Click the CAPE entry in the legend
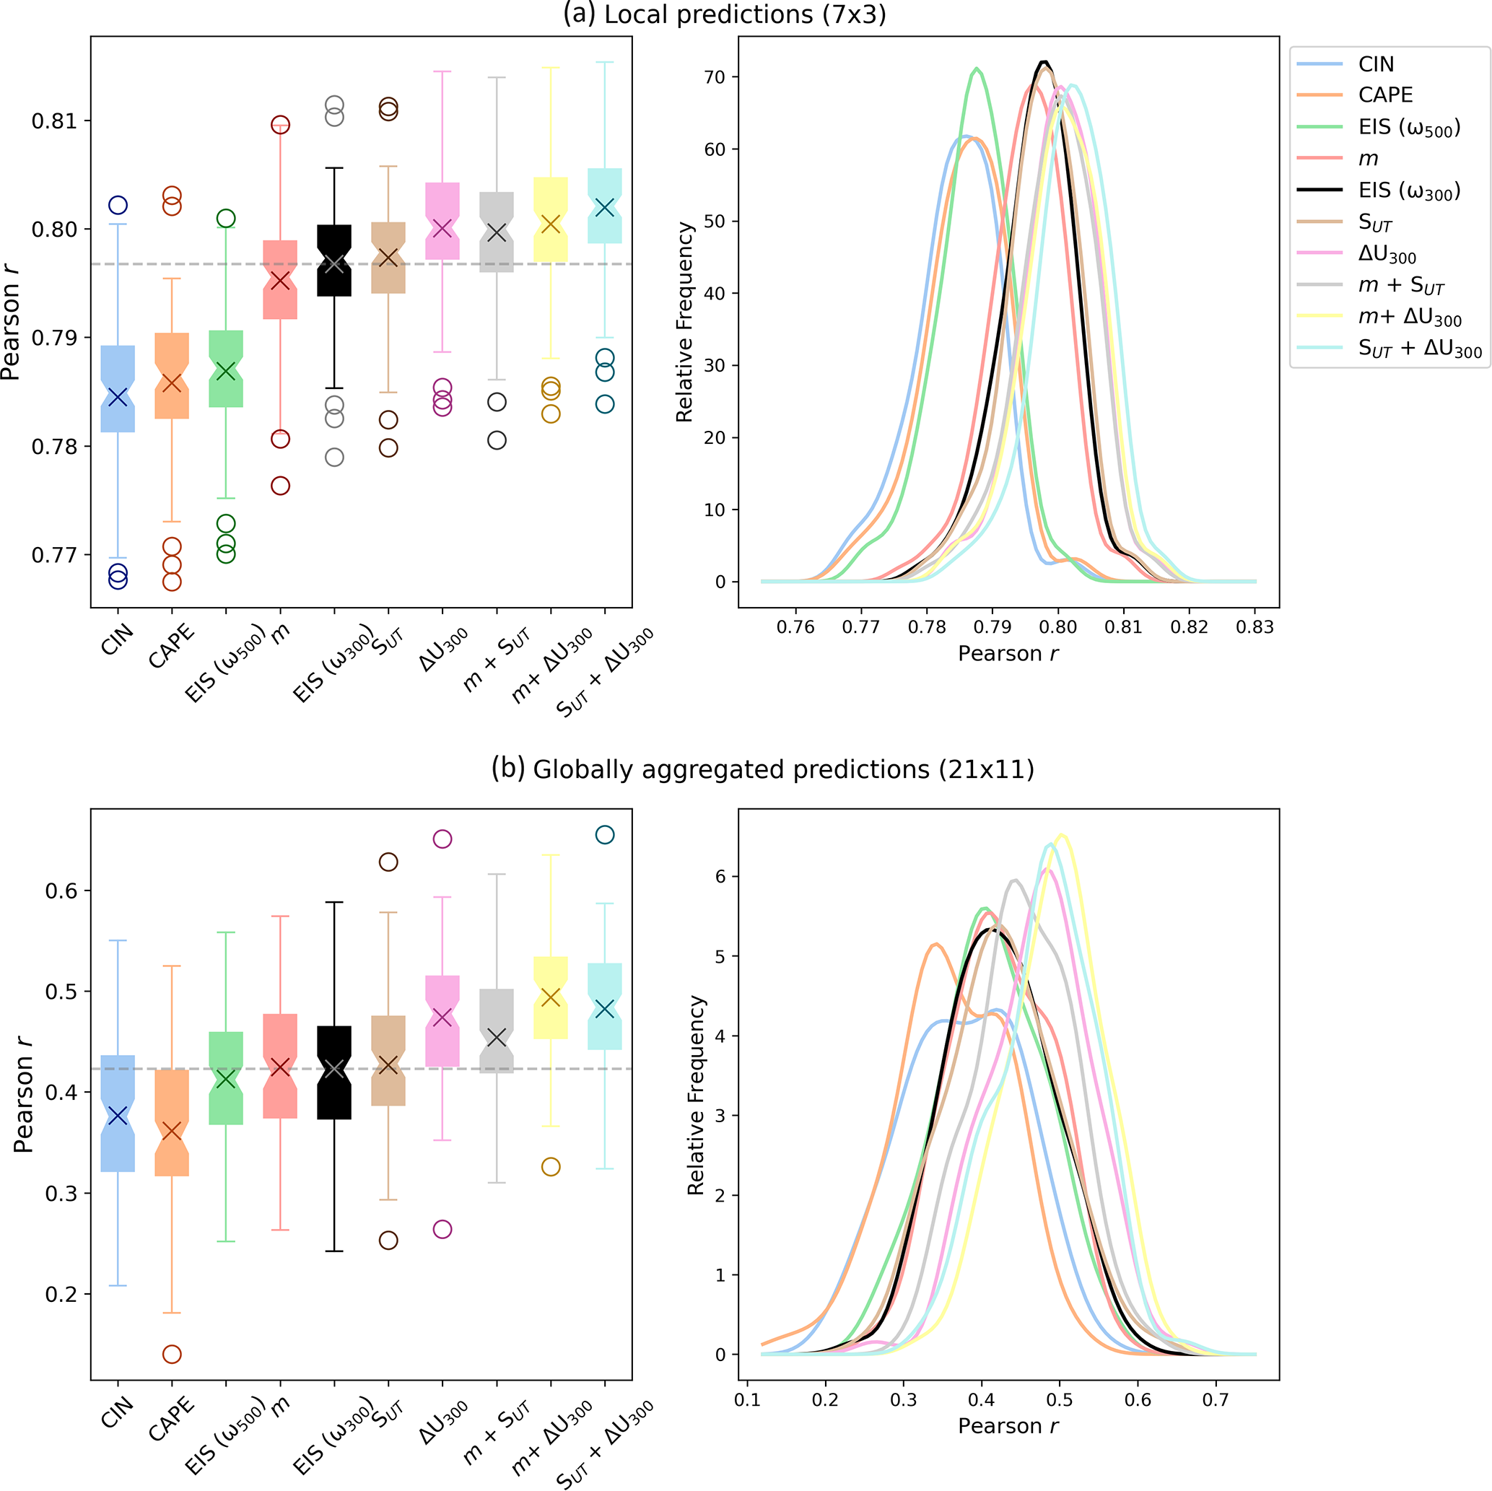tap(1385, 95)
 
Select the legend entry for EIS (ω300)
tap(1408, 191)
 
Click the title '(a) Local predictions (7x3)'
tap(725, 14)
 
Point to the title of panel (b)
tap(762, 769)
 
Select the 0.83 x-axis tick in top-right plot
tap(1254, 626)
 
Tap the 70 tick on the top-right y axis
tap(715, 77)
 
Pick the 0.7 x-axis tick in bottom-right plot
tap(1215, 1399)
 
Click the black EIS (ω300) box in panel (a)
tap(334, 261)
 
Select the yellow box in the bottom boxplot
tap(551, 997)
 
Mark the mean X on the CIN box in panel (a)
tap(118, 397)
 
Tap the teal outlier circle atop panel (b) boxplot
tap(605, 835)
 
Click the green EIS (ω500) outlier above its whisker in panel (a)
tap(226, 219)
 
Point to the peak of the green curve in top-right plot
tap(977, 69)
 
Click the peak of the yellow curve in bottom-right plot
tap(1062, 835)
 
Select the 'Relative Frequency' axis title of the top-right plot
tap(684, 322)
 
